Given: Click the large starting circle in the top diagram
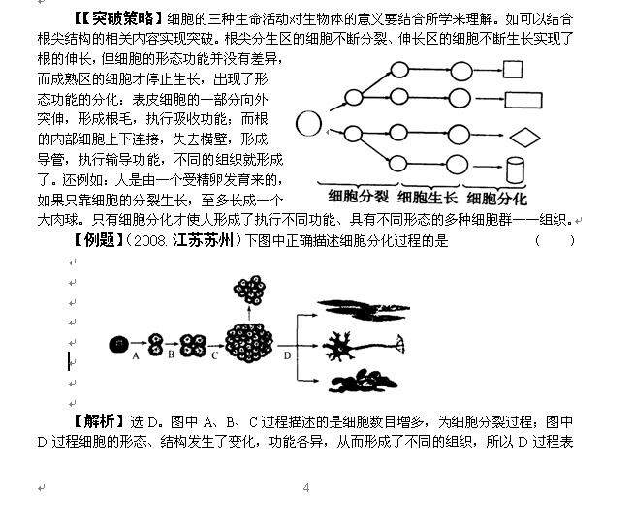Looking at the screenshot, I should click(x=308, y=125).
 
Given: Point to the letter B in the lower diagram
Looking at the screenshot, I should click(x=170, y=356).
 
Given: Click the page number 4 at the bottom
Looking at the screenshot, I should click(x=306, y=487).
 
